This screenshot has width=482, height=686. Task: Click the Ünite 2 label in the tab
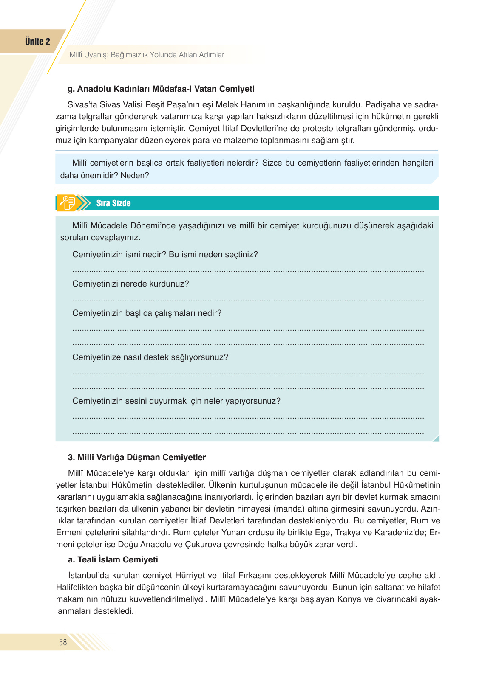click(37, 42)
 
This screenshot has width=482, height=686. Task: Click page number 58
click(63, 642)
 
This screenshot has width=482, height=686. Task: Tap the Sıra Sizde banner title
click(113, 203)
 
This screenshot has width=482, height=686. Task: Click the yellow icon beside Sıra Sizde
click(68, 203)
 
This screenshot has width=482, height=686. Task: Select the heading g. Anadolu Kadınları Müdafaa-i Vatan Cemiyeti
click(161, 89)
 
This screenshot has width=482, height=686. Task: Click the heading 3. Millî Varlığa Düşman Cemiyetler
click(137, 457)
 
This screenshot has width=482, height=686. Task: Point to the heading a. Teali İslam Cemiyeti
click(113, 559)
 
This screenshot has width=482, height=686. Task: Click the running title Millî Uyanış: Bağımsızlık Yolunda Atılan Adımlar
click(147, 55)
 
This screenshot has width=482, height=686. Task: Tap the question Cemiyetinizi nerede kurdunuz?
click(130, 284)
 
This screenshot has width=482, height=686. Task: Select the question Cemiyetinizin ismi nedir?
click(119, 254)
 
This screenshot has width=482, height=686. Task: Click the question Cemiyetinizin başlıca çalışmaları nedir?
click(147, 313)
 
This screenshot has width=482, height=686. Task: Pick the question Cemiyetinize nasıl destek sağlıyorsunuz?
click(150, 357)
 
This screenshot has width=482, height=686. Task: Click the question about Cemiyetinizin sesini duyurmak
click(176, 401)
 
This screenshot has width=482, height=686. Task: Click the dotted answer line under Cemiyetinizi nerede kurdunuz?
click(248, 300)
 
